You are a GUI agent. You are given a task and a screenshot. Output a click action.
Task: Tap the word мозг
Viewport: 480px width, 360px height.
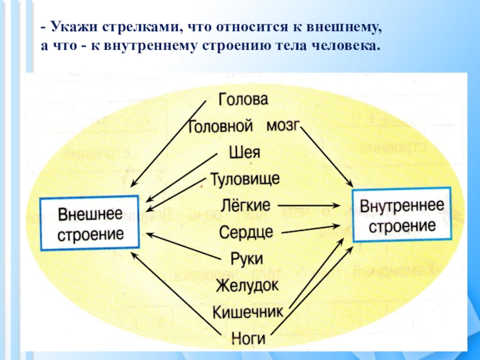(281, 126)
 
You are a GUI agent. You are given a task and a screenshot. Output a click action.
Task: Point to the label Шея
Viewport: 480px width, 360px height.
(244, 152)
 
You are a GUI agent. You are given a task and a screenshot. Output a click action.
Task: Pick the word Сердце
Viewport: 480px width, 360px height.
(246, 232)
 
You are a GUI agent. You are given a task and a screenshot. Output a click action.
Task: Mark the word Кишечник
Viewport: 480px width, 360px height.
(248, 312)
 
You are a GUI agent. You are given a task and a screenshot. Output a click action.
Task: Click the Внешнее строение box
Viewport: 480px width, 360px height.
(90, 223)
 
